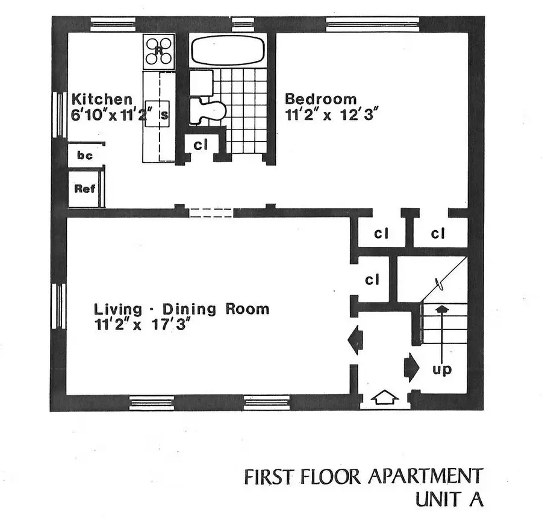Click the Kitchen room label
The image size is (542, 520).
tap(101, 99)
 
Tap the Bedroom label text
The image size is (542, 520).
tap(320, 99)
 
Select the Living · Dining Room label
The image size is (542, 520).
tap(181, 310)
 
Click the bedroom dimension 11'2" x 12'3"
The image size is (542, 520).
tap(331, 115)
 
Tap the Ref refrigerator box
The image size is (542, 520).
tap(85, 189)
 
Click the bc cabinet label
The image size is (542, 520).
tap(85, 155)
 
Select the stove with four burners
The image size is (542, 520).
tap(158, 52)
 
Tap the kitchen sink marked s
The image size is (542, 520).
tap(164, 116)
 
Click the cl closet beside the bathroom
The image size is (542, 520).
tap(201, 145)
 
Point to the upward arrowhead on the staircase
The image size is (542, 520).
tap(443, 309)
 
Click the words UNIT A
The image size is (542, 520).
tap(449, 500)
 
